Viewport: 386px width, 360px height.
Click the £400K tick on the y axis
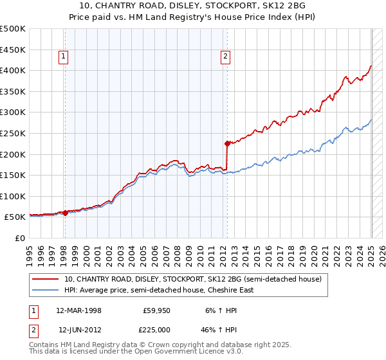coord(13,70)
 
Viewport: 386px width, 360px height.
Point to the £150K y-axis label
coord(13,175)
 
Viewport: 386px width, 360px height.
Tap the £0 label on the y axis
coord(20,238)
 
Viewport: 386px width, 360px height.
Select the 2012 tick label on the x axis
coord(226,250)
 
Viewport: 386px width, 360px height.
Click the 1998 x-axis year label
coord(64,250)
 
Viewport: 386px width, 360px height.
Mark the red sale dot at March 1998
coord(65,213)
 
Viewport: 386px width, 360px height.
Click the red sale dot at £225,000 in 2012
coord(227,143)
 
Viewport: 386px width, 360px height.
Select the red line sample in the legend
coord(46,279)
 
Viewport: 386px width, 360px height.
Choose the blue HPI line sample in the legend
coord(46,290)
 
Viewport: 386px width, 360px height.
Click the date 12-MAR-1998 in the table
coord(78,309)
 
